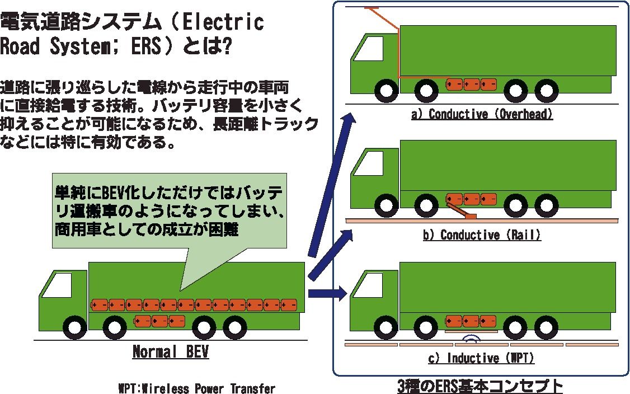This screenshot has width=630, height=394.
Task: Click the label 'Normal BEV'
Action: pyautogui.click(x=171, y=352)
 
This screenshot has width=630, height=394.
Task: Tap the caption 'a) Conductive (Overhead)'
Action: pyautogui.click(x=482, y=115)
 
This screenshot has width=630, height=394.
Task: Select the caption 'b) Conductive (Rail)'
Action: pyautogui.click(x=482, y=234)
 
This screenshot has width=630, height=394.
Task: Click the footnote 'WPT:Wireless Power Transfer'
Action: pyautogui.click(x=197, y=388)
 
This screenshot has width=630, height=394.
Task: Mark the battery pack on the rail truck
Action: pyautogui.click(x=472, y=199)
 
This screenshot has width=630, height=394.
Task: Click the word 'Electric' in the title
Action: pyautogui.click(x=223, y=22)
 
